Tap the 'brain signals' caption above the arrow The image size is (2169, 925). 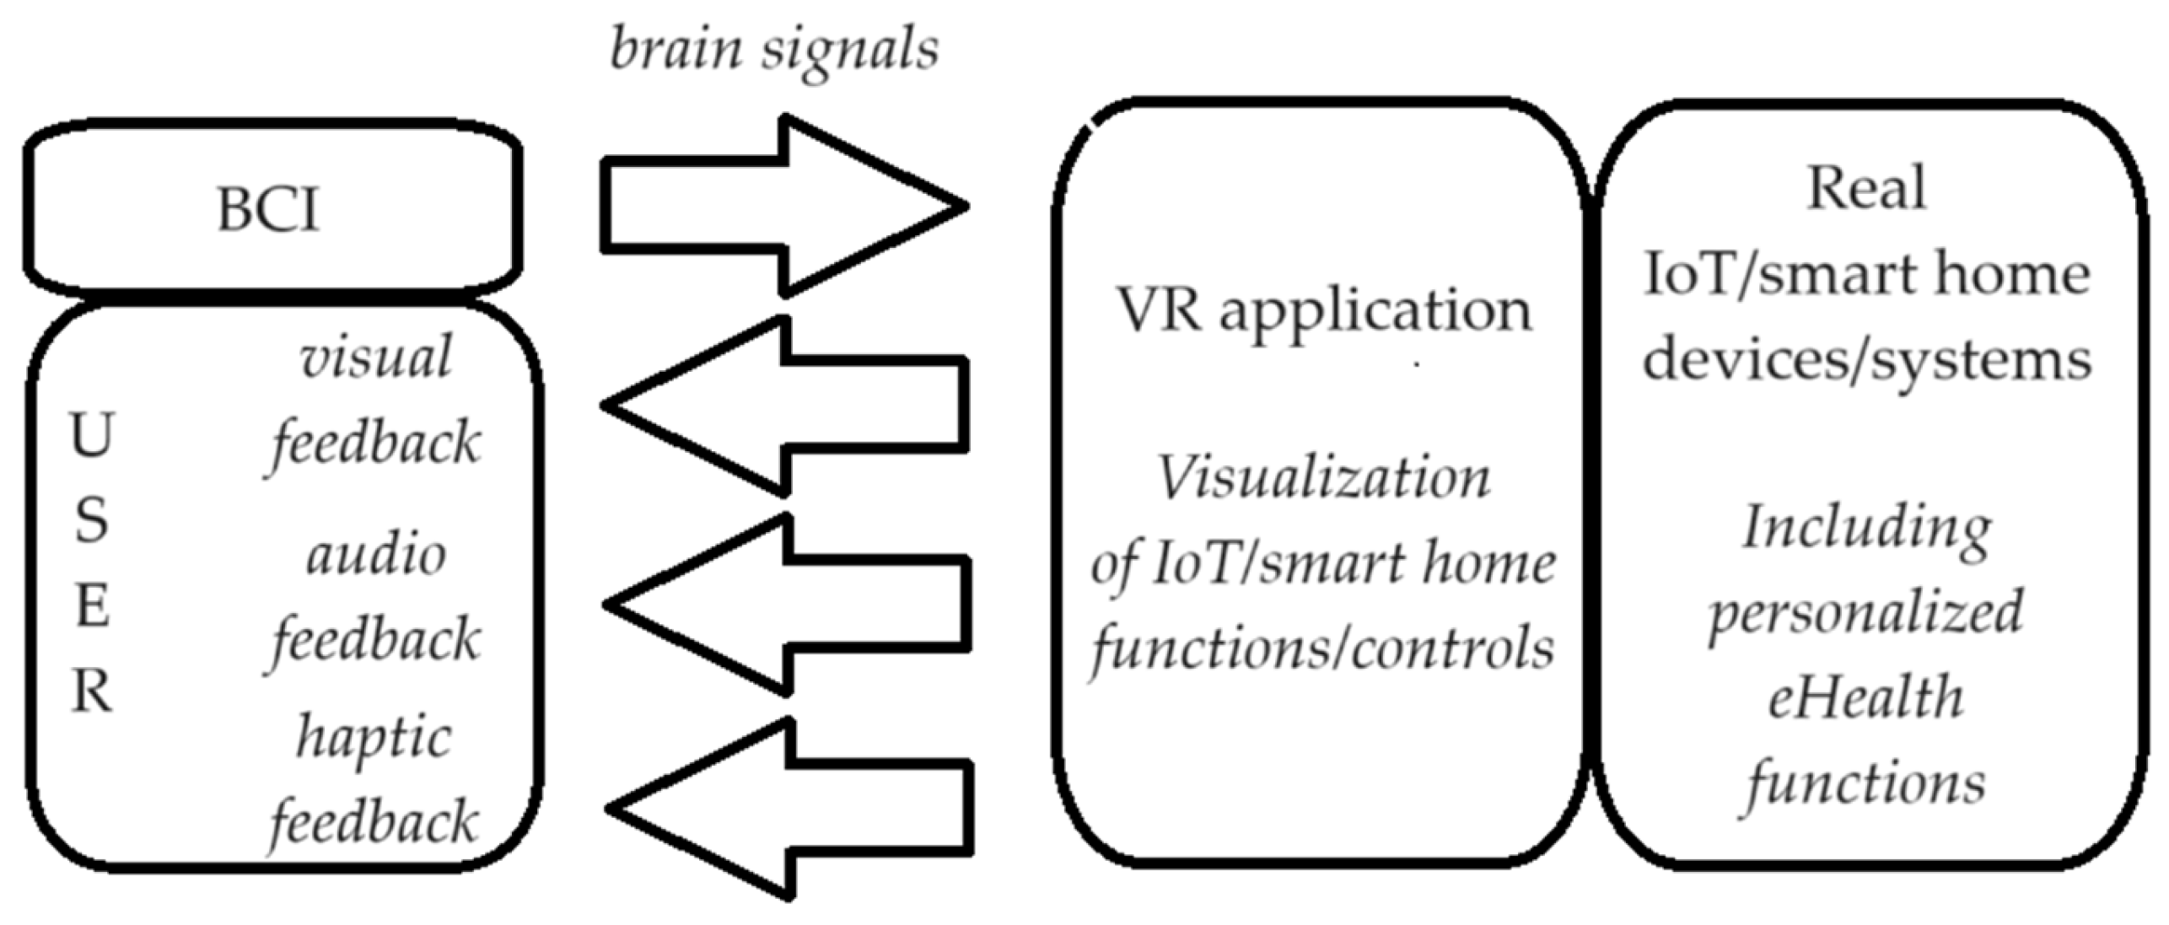click(x=773, y=49)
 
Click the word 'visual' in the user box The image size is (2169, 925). click(x=376, y=358)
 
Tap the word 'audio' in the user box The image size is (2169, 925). click(x=376, y=557)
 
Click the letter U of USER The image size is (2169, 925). click(x=91, y=436)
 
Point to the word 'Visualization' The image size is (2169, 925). click(x=1323, y=477)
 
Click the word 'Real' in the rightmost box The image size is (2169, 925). click(x=1866, y=187)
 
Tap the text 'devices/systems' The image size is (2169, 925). click(x=1866, y=359)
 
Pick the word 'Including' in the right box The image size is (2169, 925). click(x=1866, y=528)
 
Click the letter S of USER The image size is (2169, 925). click(x=91, y=520)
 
